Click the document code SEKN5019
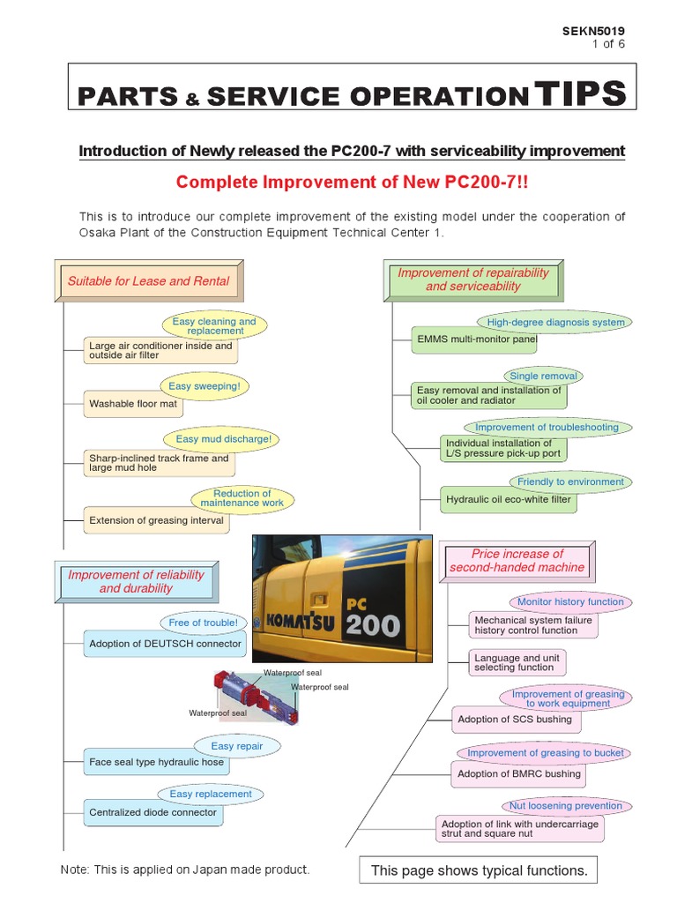[593, 31]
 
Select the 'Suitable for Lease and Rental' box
[148, 281]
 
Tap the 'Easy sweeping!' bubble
[205, 386]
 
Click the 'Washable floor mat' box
[133, 404]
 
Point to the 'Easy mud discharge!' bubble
[223, 439]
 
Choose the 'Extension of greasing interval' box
[156, 520]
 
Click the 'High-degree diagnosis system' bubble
[555, 322]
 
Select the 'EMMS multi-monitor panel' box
[477, 340]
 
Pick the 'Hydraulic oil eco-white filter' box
[509, 500]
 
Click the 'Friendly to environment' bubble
[570, 481]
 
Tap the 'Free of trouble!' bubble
[203, 623]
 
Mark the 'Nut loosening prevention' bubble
[565, 805]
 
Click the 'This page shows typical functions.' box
[479, 870]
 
